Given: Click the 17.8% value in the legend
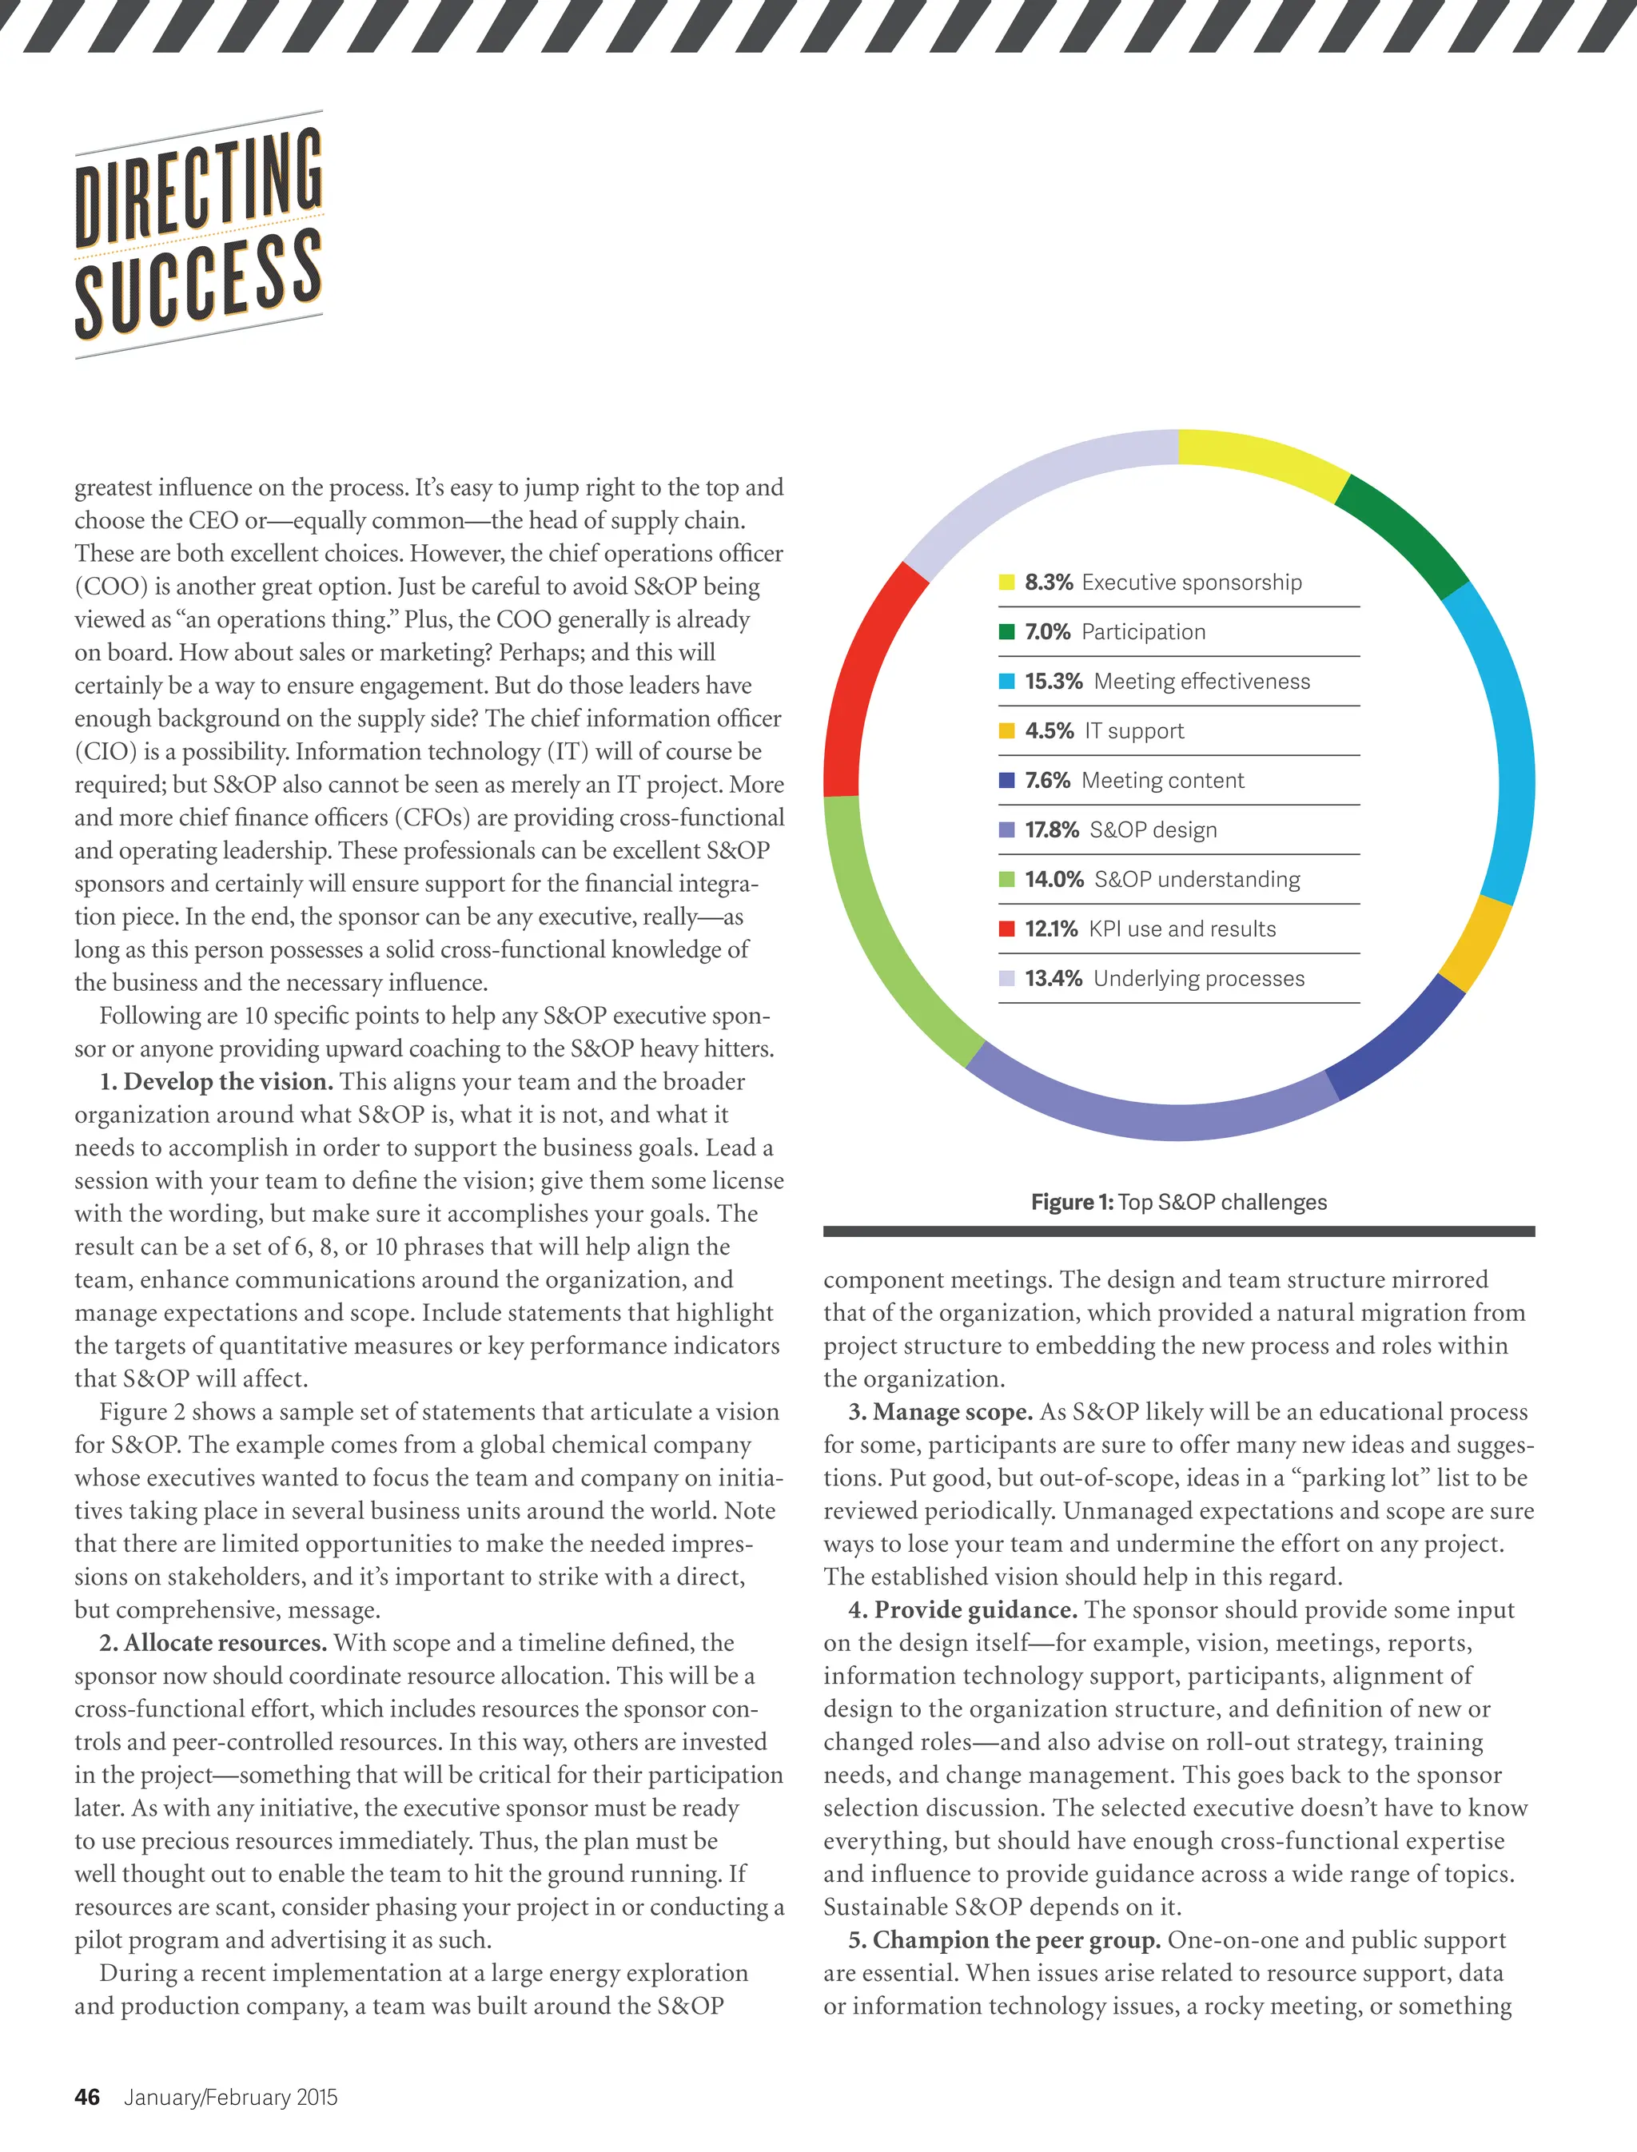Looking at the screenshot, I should point(1051,830).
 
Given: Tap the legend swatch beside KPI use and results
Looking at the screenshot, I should point(1006,929).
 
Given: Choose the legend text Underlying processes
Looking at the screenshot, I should point(1198,978).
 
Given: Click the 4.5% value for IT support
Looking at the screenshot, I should point(1049,730).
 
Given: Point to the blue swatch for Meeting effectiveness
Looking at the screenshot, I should point(1006,681).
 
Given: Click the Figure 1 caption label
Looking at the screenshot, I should point(1072,1202).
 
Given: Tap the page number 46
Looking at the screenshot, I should point(86,2098).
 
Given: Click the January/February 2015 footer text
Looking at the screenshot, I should point(231,2098).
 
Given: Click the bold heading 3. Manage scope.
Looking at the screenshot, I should point(940,1411).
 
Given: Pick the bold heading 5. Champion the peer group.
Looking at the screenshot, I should point(1004,1939).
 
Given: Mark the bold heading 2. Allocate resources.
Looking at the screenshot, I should point(213,1642).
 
